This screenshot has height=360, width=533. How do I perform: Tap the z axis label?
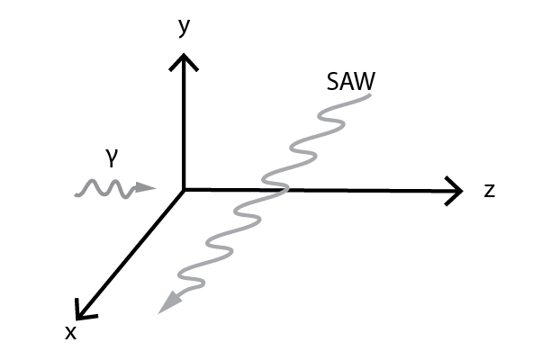point(489,190)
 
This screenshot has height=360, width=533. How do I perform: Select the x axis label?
point(70,332)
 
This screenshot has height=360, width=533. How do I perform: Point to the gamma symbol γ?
point(111,158)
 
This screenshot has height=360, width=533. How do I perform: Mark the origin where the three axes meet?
point(185,189)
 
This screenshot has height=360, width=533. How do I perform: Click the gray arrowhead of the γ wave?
point(144,188)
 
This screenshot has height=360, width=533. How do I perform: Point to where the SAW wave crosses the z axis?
point(276,189)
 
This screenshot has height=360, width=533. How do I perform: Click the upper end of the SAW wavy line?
point(369,95)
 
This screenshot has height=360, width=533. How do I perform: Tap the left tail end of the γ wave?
point(76,192)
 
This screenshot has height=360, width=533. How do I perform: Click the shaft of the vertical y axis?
point(185,126)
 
